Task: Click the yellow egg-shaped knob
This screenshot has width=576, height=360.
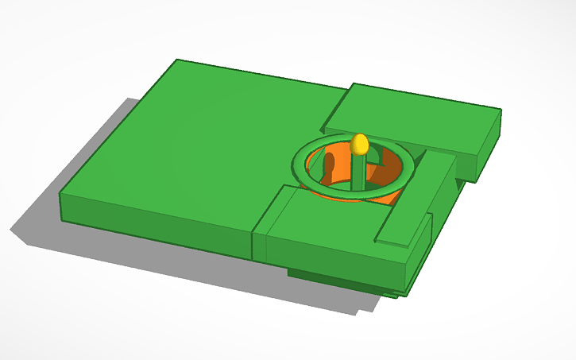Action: (x=359, y=144)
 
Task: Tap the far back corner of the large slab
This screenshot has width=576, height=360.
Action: (x=176, y=60)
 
